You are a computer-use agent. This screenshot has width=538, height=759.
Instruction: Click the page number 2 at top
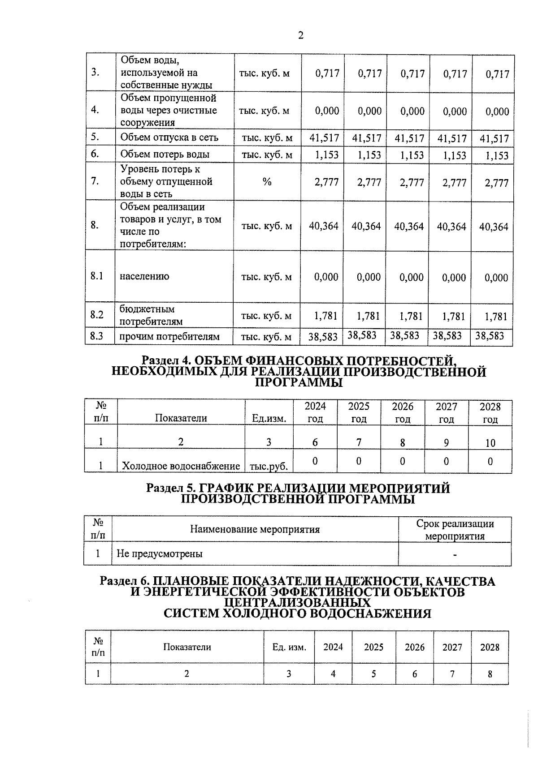[300, 36]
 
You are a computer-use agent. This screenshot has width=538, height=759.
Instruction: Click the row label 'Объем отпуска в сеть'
[169, 137]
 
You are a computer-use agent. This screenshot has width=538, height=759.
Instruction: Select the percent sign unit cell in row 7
[267, 181]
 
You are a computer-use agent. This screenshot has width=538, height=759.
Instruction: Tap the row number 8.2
[97, 315]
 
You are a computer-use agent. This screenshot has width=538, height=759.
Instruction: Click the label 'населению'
[144, 276]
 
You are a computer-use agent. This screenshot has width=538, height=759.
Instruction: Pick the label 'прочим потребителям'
[169, 336]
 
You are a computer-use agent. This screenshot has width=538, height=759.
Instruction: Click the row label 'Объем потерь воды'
[165, 154]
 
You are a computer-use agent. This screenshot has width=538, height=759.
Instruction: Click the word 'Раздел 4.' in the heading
[166, 360]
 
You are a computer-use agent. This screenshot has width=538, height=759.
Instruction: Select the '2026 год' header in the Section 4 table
[402, 412]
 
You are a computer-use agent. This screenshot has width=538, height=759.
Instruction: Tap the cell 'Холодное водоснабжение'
[181, 466]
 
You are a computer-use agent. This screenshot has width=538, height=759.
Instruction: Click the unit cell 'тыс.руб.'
[269, 466]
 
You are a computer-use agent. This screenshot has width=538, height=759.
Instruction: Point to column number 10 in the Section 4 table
[490, 443]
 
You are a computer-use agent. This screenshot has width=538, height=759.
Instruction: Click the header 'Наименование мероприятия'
[255, 529]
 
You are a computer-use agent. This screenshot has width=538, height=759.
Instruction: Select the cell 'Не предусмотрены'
[160, 553]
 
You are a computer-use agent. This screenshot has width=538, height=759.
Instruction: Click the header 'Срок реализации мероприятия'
[455, 530]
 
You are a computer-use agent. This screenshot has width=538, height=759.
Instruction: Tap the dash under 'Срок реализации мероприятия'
[455, 555]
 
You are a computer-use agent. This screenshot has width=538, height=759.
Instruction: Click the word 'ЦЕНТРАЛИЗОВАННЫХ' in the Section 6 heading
[298, 602]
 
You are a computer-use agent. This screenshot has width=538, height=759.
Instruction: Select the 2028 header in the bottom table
[490, 647]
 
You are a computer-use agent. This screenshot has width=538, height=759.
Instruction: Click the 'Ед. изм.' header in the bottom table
[289, 647]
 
